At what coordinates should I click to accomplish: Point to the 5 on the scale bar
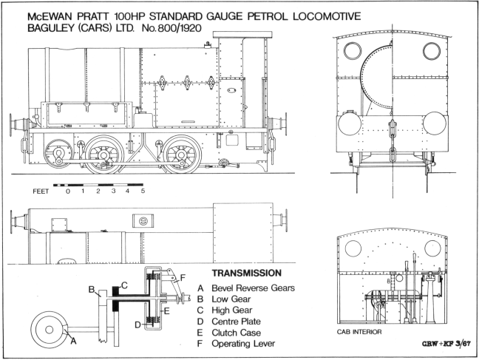(x=143, y=191)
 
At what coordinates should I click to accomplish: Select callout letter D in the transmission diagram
(x=139, y=325)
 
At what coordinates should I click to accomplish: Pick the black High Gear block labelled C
(x=115, y=288)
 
